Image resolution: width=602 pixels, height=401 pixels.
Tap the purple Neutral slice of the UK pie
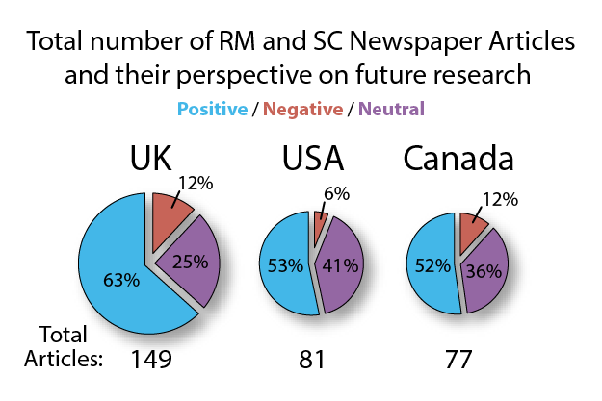190,264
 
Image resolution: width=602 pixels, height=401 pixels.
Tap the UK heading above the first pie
158,162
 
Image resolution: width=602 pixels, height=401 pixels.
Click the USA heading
313,162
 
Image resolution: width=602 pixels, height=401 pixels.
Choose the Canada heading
458,162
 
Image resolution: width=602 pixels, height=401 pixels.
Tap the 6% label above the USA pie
337,193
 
